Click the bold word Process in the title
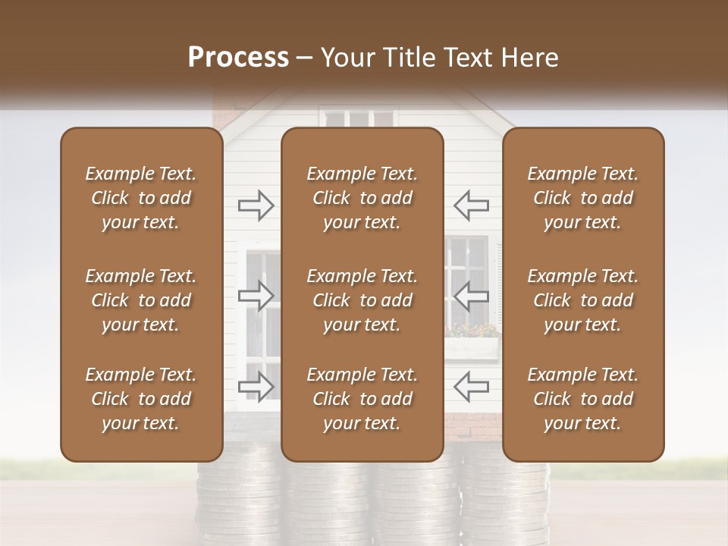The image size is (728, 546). point(238,58)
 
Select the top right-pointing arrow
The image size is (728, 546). point(256,206)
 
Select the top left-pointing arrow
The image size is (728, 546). point(472,206)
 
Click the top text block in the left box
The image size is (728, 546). point(141,198)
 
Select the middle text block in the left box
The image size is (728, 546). point(141,300)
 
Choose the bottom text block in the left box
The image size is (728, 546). point(141,399)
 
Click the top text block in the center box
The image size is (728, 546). point(362,198)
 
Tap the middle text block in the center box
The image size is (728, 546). point(362,300)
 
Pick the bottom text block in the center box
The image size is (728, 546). point(362,399)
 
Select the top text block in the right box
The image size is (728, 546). point(583,198)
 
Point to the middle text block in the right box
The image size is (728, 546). point(583,300)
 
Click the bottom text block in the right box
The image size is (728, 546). point(583,399)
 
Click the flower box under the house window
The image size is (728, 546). point(472,347)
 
